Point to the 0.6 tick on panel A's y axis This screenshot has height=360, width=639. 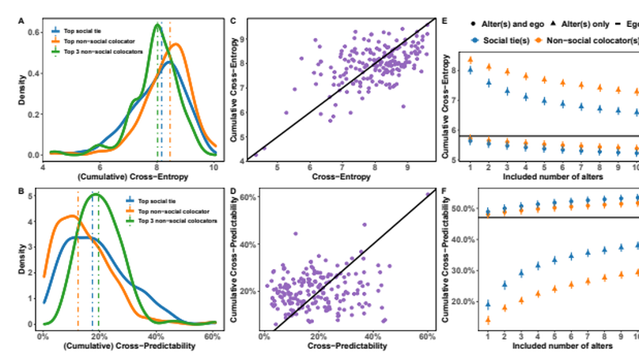pos(34,32)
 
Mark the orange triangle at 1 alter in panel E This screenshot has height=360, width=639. pos(471,60)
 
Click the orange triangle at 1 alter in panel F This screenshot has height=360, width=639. pos(471,320)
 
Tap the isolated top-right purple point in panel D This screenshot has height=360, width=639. pos(428,194)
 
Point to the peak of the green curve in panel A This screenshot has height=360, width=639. pos(157,25)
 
